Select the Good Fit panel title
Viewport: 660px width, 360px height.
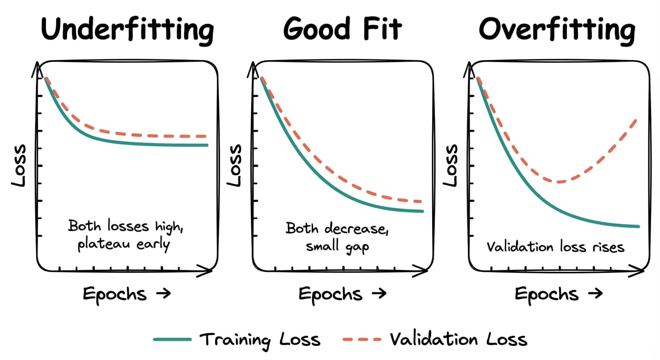click(x=342, y=29)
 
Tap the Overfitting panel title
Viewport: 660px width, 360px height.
click(x=557, y=29)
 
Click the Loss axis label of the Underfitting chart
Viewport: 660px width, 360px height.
click(x=19, y=165)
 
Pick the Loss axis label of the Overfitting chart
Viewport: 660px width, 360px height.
click(x=451, y=165)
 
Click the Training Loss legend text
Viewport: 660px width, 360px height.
click(x=260, y=339)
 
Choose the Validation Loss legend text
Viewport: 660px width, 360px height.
click(x=458, y=339)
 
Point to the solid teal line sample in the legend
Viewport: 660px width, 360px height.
click(x=172, y=339)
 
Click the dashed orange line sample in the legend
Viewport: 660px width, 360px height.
click(x=361, y=339)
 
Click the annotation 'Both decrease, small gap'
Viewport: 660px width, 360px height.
click(x=337, y=237)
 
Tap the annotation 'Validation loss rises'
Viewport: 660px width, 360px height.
click(x=555, y=247)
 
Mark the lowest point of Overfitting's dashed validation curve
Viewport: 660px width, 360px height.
click(x=559, y=182)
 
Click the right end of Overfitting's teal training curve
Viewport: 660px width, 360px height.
click(x=638, y=226)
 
